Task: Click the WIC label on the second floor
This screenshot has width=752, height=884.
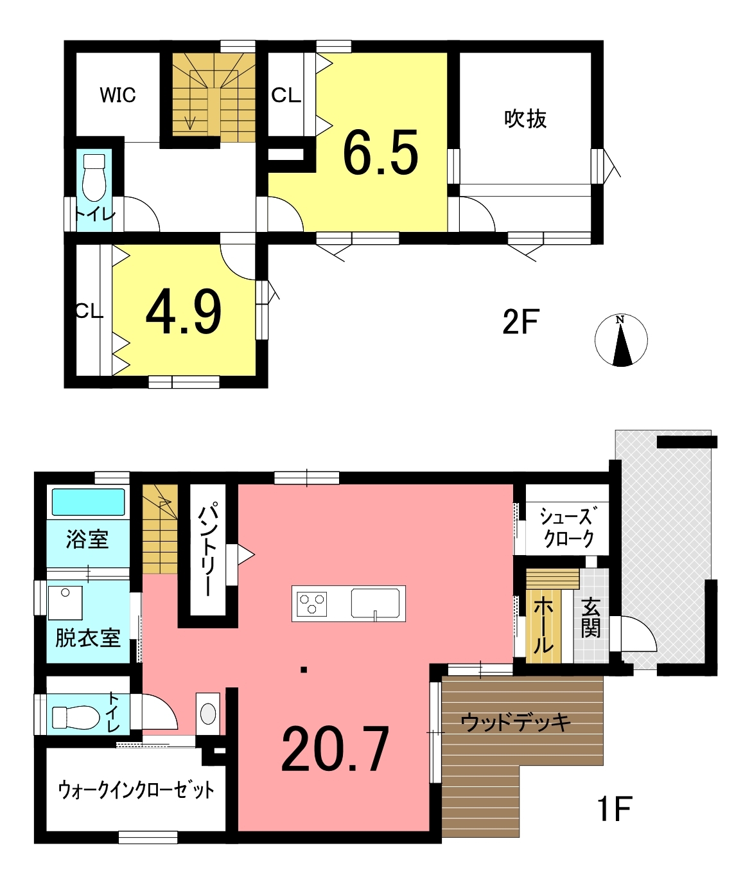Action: click(x=118, y=95)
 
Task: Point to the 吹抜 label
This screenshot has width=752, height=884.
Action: click(x=525, y=118)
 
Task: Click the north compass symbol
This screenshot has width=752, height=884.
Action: click(x=621, y=340)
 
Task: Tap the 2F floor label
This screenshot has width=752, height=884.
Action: click(x=521, y=322)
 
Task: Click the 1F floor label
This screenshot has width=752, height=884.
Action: click(x=615, y=808)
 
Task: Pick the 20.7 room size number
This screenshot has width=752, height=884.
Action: click(x=335, y=748)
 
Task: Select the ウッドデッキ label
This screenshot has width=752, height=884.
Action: click(x=516, y=722)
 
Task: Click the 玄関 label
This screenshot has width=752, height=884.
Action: click(x=591, y=618)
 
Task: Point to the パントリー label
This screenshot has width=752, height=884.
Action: click(x=208, y=548)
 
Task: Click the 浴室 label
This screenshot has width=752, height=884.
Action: click(x=87, y=539)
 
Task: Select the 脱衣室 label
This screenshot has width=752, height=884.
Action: click(x=87, y=638)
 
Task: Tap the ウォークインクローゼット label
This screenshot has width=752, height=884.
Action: click(x=136, y=790)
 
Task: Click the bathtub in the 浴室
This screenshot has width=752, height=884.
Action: click(x=88, y=502)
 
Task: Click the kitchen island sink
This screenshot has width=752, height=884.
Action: click(x=376, y=603)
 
